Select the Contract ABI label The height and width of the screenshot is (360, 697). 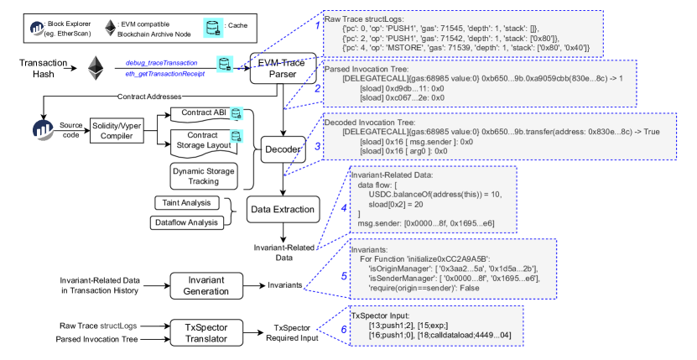pyautogui.click(x=203, y=113)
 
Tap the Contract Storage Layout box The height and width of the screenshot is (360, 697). pyautogui.click(x=203, y=140)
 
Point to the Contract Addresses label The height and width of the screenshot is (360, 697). pyautogui.click(x=149, y=97)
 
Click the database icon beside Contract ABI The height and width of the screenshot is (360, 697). pyautogui.click(x=237, y=113)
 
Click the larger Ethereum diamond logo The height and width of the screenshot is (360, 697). pyautogui.click(x=96, y=67)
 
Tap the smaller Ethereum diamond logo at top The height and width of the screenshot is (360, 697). pyautogui.click(x=110, y=29)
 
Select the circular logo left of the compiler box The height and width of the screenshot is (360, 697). pyautogui.click(x=43, y=130)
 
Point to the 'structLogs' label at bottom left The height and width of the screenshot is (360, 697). pyautogui.click(x=118, y=325)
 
